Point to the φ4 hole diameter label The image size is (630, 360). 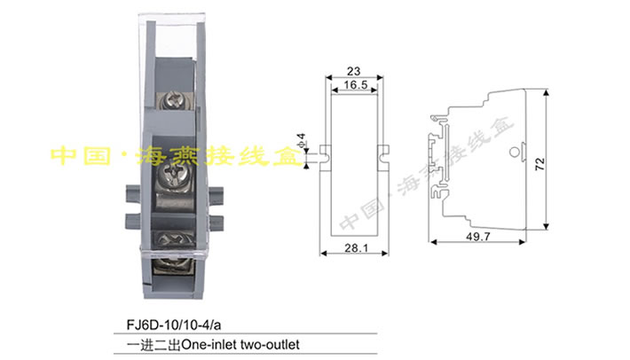(x=303, y=142)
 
